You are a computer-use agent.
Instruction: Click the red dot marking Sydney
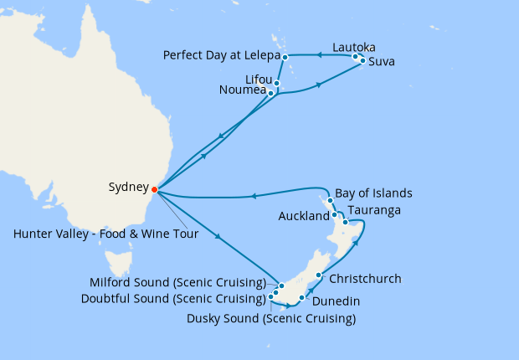click(x=154, y=188)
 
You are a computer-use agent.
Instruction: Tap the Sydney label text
click(x=129, y=188)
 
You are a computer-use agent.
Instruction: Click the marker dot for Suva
click(x=362, y=61)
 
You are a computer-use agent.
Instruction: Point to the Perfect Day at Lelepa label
click(x=220, y=57)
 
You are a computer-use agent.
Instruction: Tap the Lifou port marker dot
click(x=276, y=83)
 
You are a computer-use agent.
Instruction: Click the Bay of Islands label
click(x=373, y=193)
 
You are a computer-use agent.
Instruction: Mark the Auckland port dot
click(x=335, y=215)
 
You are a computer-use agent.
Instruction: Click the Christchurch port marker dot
click(x=319, y=275)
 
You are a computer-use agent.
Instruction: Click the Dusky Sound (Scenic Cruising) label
click(x=271, y=318)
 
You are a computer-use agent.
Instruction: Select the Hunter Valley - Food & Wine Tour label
click(x=105, y=234)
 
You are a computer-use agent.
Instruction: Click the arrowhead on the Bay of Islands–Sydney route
click(x=253, y=197)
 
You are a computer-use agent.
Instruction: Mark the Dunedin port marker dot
click(x=301, y=297)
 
